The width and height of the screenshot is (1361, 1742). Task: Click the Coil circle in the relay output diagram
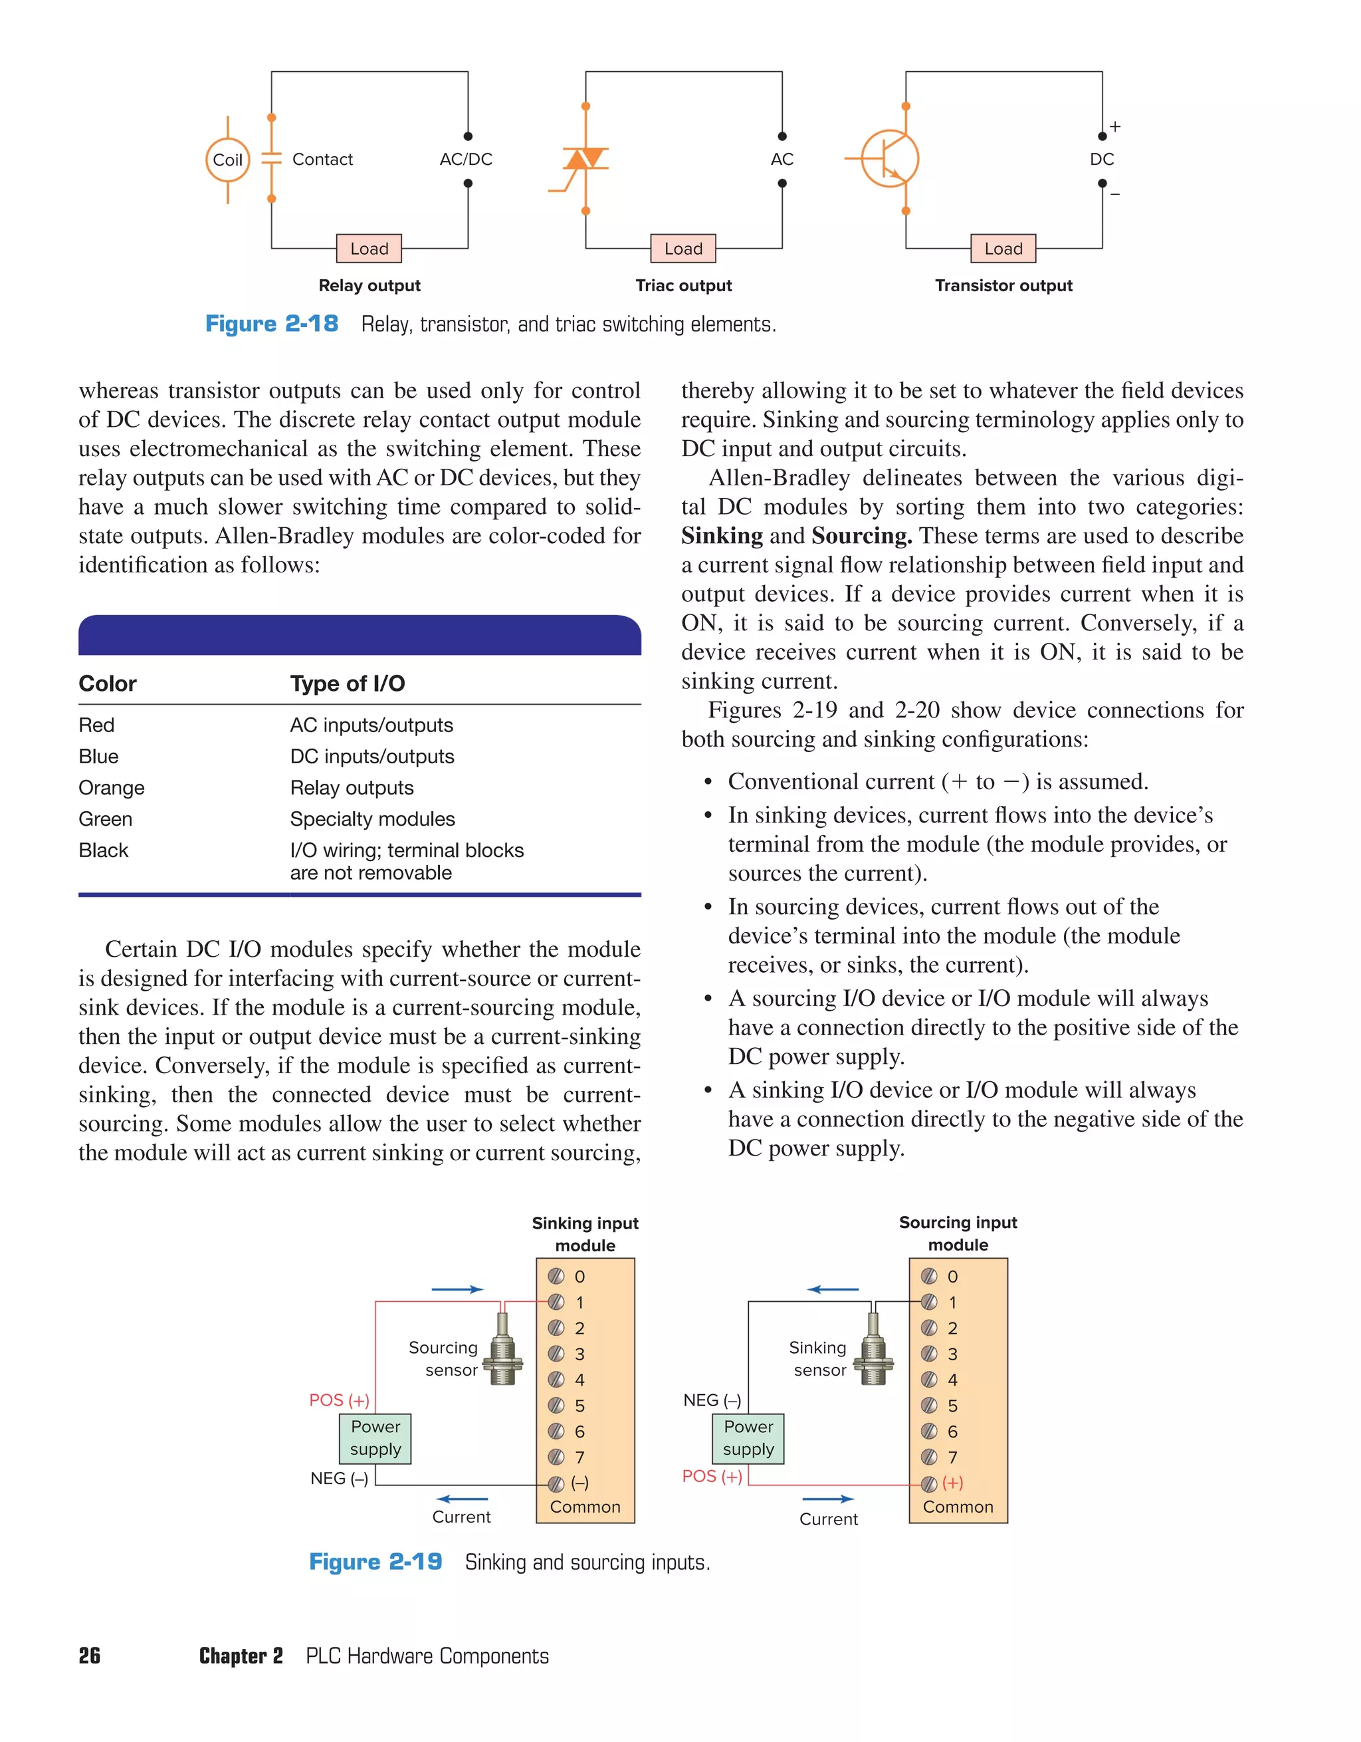(x=227, y=160)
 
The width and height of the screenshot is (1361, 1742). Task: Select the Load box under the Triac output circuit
(x=683, y=249)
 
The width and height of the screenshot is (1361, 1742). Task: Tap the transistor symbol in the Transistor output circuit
(x=889, y=159)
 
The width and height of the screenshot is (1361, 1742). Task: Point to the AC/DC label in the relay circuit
(x=466, y=160)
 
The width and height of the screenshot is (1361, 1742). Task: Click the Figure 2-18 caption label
(x=272, y=324)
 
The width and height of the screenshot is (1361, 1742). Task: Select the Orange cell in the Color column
(x=112, y=788)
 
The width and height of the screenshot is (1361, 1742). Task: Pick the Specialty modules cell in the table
(x=372, y=819)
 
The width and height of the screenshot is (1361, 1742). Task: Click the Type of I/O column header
(x=348, y=684)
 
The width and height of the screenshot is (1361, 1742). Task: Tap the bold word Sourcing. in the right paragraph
(x=862, y=536)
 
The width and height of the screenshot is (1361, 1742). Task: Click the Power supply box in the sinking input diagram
(x=375, y=1438)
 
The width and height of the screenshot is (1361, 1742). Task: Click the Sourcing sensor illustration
(x=502, y=1349)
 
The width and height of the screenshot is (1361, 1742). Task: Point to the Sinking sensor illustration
(x=874, y=1349)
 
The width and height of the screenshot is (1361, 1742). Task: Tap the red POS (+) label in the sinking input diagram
(x=339, y=1401)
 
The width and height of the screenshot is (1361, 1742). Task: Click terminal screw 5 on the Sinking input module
(x=556, y=1406)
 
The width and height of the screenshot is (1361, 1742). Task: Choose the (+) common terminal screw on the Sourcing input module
(x=929, y=1483)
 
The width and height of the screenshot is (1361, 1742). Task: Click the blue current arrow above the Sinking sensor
(x=833, y=1289)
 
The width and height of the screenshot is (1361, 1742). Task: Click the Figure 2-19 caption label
(x=375, y=1562)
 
